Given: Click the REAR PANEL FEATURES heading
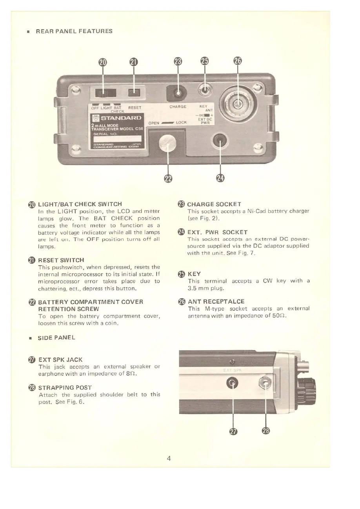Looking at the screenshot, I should click(74, 31).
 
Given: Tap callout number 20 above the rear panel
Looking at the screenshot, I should click(102, 62).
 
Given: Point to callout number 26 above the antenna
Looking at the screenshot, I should click(237, 61).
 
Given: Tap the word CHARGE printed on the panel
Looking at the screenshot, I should click(178, 106).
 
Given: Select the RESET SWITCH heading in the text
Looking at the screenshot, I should click(61, 260).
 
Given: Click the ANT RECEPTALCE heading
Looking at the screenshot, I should click(216, 302).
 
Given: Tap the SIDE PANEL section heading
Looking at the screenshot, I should click(56, 338).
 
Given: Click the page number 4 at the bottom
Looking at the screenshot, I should click(168, 458).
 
